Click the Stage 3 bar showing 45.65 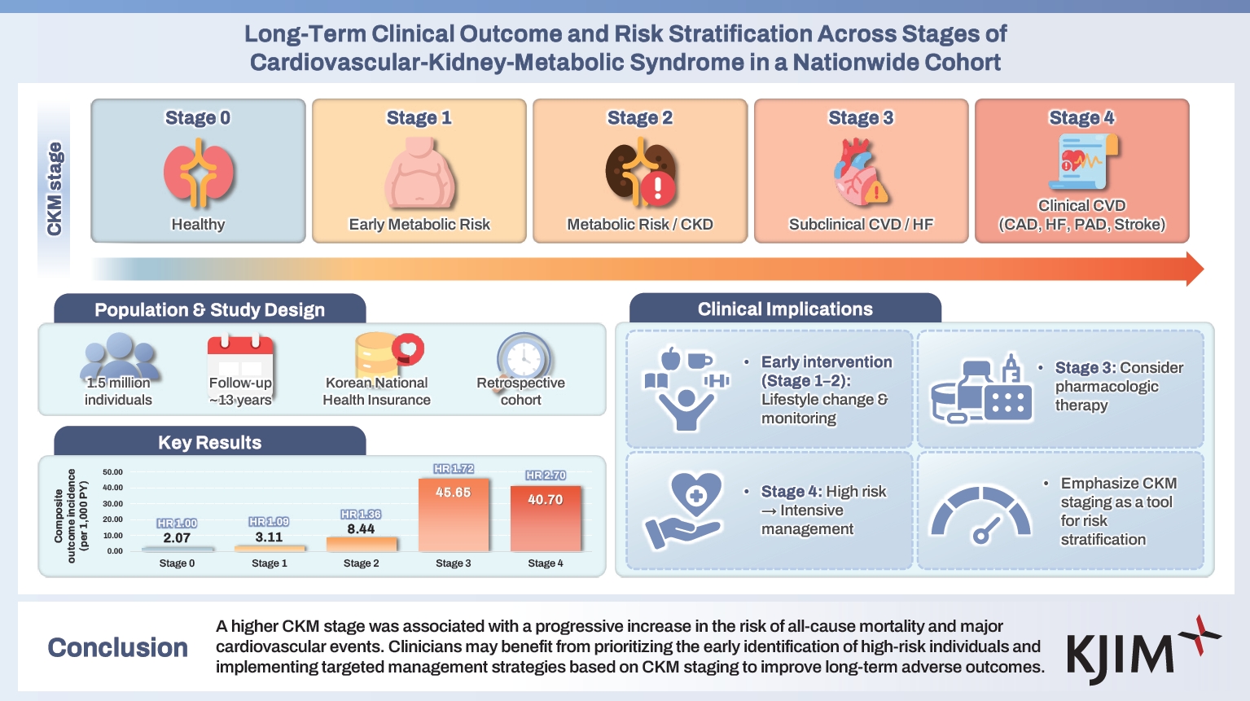454,515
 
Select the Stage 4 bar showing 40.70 546,518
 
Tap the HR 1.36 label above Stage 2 361,515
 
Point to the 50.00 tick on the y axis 112,472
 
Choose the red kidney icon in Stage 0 198,173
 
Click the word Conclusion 118,647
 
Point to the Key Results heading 210,443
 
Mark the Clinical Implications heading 785,309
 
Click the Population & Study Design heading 210,310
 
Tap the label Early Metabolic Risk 419,225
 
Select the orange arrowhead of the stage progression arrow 1194,269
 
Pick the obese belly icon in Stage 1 419,173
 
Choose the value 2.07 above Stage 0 177,538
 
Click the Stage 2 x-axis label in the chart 361,563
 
